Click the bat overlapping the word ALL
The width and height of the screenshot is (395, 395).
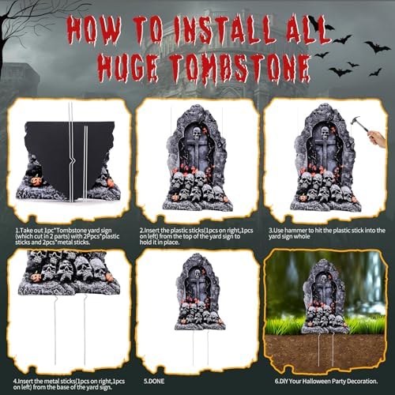point(320,24)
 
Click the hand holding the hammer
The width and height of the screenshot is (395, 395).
point(378,138)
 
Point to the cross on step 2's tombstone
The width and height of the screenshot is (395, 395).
point(196,162)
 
